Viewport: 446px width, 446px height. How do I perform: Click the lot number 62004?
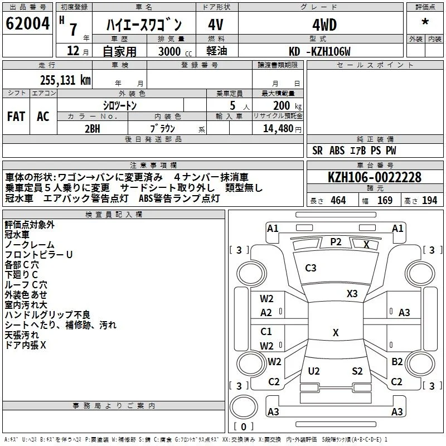pyautogui.click(x=27, y=23)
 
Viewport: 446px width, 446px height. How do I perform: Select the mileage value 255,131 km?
pyautogui.click(x=65, y=80)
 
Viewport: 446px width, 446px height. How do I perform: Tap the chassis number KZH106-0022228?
pyautogui.click(x=375, y=177)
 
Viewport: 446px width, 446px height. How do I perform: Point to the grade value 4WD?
pyautogui.click(x=324, y=25)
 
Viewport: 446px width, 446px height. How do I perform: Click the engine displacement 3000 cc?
pyautogui.click(x=175, y=51)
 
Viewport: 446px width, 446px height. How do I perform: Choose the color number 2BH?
pyautogui.click(x=93, y=129)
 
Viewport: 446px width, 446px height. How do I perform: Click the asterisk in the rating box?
pyautogui.click(x=425, y=21)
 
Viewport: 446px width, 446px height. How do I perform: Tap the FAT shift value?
pyautogui.click(x=16, y=117)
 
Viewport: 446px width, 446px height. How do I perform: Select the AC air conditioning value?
pyautogui.click(x=43, y=117)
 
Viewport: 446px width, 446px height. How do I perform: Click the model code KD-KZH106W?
pyautogui.click(x=319, y=51)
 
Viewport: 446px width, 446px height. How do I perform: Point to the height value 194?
pyautogui.click(x=429, y=200)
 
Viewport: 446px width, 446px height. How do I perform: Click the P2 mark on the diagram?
pyautogui.click(x=336, y=242)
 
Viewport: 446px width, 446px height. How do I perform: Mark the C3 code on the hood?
pyautogui.click(x=311, y=268)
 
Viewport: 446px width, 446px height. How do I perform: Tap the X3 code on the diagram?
pyautogui.click(x=352, y=294)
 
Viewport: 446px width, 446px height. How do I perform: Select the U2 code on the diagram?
pyautogui.click(x=314, y=371)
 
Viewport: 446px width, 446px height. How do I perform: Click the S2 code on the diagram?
pyautogui.click(x=357, y=371)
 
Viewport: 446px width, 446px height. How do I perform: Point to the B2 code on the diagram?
pyautogui.click(x=397, y=362)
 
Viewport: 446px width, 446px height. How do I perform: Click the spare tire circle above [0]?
pyautogui.click(x=244, y=407)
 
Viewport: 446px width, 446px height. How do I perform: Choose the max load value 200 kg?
pyautogui.click(x=287, y=106)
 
